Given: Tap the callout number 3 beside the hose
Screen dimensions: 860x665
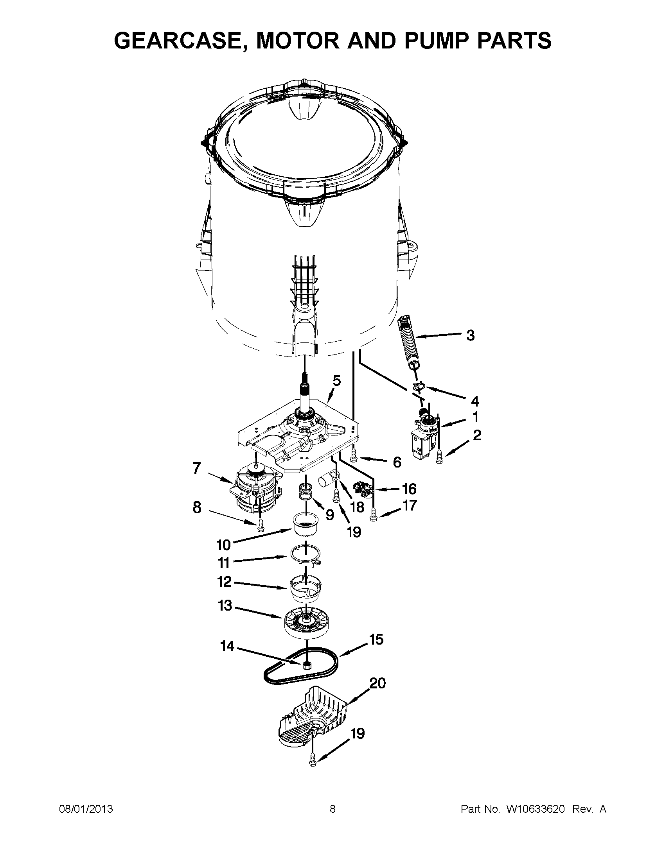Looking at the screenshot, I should click(x=470, y=335).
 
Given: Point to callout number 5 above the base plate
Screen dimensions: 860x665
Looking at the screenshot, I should click(x=336, y=381).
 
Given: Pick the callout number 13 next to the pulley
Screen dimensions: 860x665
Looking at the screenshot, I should click(x=225, y=605).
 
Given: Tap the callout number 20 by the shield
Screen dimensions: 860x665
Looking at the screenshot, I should click(x=378, y=683).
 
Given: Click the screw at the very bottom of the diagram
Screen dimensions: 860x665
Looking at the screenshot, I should click(x=314, y=768).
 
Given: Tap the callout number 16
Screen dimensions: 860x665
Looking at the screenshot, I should click(x=409, y=489).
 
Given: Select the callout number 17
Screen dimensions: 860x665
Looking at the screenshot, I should click(x=409, y=505).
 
